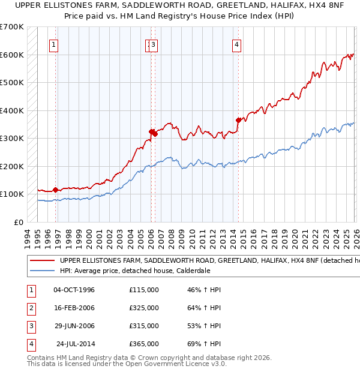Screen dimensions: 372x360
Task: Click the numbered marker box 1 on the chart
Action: pos(54,44)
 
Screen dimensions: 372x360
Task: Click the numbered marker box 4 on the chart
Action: pos(237,44)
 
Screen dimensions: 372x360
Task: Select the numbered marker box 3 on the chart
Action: pos(154,44)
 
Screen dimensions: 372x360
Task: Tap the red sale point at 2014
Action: pos(238,120)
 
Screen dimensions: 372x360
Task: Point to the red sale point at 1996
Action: pos(56,190)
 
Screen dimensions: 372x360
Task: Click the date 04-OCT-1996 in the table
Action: pos(74,290)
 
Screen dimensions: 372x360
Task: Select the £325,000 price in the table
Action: pos(144,308)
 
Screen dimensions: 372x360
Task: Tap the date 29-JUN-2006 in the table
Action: pos(74,326)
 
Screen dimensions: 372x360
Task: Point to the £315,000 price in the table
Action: pos(144,326)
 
